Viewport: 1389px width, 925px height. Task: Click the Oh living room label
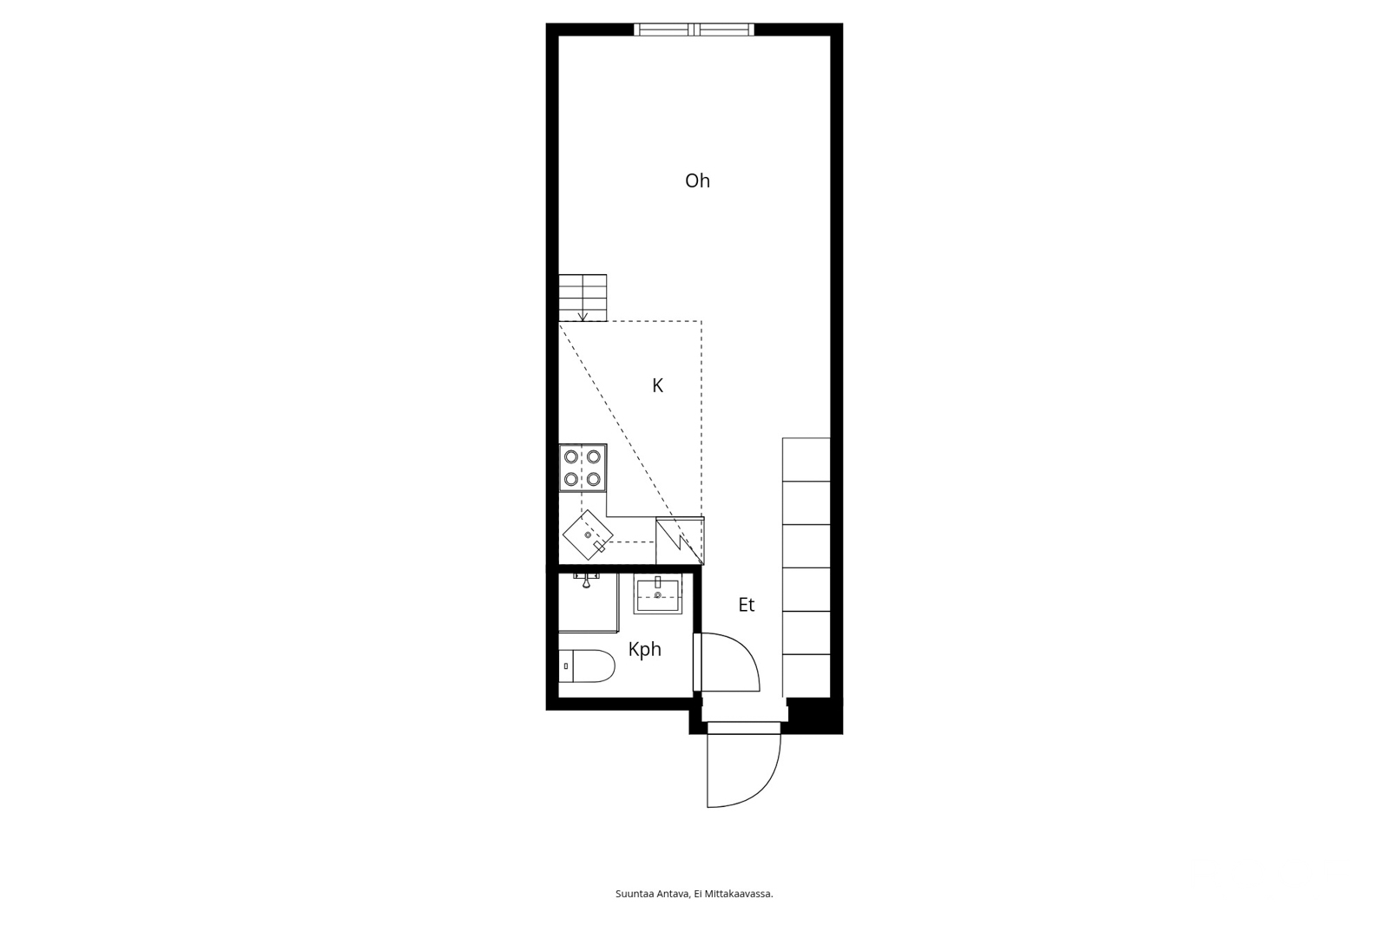(697, 181)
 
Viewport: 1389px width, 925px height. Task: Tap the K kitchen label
(658, 385)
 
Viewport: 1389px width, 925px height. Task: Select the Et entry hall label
(746, 605)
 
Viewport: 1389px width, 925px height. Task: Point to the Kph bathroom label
(644, 650)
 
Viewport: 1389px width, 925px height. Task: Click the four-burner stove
(583, 468)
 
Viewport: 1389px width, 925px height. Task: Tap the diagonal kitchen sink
(588, 535)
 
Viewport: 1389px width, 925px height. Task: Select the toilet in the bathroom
(587, 666)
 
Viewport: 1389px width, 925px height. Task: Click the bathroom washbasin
(658, 594)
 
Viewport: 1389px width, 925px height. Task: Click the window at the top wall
(694, 30)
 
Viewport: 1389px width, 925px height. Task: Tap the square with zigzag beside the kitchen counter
(680, 541)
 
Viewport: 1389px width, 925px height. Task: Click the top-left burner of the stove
(571, 457)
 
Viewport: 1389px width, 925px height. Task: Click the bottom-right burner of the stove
(594, 479)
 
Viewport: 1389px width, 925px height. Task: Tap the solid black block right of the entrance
(814, 716)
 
